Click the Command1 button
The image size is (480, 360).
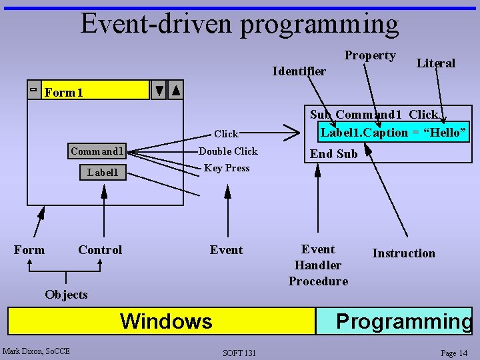pyautogui.click(x=97, y=151)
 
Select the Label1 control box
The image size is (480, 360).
pyautogui.click(x=103, y=173)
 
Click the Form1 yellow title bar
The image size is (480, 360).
pyautogui.click(x=96, y=91)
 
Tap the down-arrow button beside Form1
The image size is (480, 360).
pyautogui.click(x=159, y=91)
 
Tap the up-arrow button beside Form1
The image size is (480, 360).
pyautogui.click(x=175, y=91)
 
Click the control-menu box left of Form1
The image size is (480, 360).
pyautogui.click(x=33, y=90)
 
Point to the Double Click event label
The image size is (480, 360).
pyautogui.click(x=228, y=151)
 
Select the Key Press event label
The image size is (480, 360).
pyautogui.click(x=227, y=168)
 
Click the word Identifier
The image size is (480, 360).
pyautogui.click(x=299, y=71)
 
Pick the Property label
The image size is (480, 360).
pyautogui.click(x=370, y=55)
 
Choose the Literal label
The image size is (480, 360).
pyautogui.click(x=435, y=63)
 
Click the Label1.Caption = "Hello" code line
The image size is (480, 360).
pyautogui.click(x=393, y=132)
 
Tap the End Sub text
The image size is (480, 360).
pyautogui.click(x=333, y=154)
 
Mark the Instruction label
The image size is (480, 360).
pyautogui.click(x=403, y=253)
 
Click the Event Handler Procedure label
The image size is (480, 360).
pyautogui.click(x=318, y=265)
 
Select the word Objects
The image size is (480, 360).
pyautogui.click(x=66, y=295)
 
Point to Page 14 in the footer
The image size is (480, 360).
pyautogui.click(x=454, y=353)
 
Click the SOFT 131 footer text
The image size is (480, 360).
pyautogui.click(x=240, y=353)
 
